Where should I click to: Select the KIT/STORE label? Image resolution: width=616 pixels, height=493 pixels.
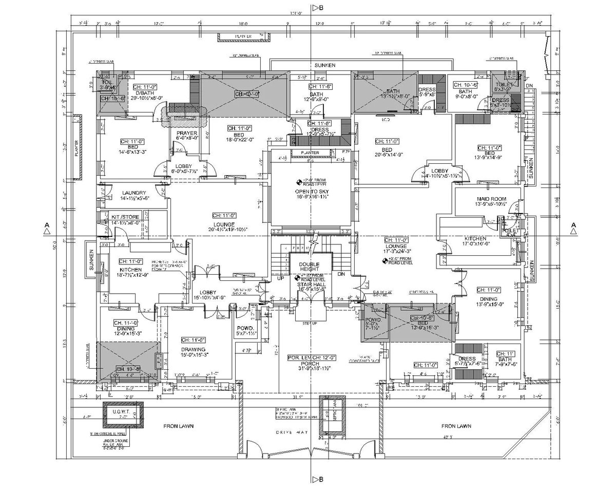click(125, 217)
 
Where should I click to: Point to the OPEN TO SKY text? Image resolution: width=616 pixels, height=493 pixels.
click(311, 192)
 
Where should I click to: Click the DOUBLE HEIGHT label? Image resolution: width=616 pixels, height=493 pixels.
click(310, 266)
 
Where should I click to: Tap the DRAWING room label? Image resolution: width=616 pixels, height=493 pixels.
click(193, 350)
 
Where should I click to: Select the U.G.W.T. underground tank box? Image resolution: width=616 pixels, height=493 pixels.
click(123, 414)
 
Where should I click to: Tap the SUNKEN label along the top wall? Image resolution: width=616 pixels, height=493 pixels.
click(325, 66)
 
